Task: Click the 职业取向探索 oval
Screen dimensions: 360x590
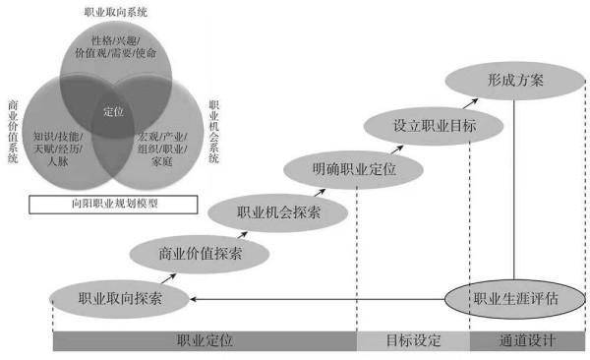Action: [120, 295]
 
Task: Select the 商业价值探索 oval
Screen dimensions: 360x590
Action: [200, 253]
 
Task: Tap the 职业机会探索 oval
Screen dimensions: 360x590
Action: [278, 211]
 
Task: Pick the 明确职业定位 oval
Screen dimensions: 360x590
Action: [354, 169]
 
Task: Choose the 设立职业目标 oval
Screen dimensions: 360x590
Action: [434, 126]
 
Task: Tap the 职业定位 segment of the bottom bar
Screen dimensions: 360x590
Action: [204, 341]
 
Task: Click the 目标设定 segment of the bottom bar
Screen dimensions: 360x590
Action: [413, 341]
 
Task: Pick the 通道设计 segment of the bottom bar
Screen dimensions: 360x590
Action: [527, 341]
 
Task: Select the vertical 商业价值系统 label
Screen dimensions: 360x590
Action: [13, 132]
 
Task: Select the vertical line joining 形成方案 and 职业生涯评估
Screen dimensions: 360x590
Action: [513, 187]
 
